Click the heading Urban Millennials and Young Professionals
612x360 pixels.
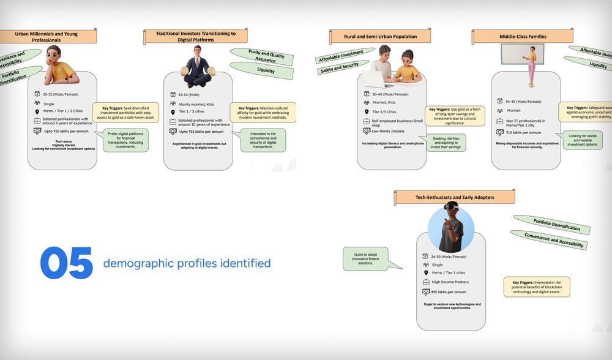tap(47, 37)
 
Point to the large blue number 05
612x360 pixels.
tap(67, 263)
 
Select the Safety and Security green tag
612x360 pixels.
tap(339, 68)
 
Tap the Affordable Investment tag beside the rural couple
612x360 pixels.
tap(340, 56)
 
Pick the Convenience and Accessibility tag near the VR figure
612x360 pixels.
tap(547, 240)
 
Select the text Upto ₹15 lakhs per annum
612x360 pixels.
tap(201, 132)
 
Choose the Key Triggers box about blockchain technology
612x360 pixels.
tap(536, 287)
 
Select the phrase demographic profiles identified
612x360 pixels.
tap(187, 263)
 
